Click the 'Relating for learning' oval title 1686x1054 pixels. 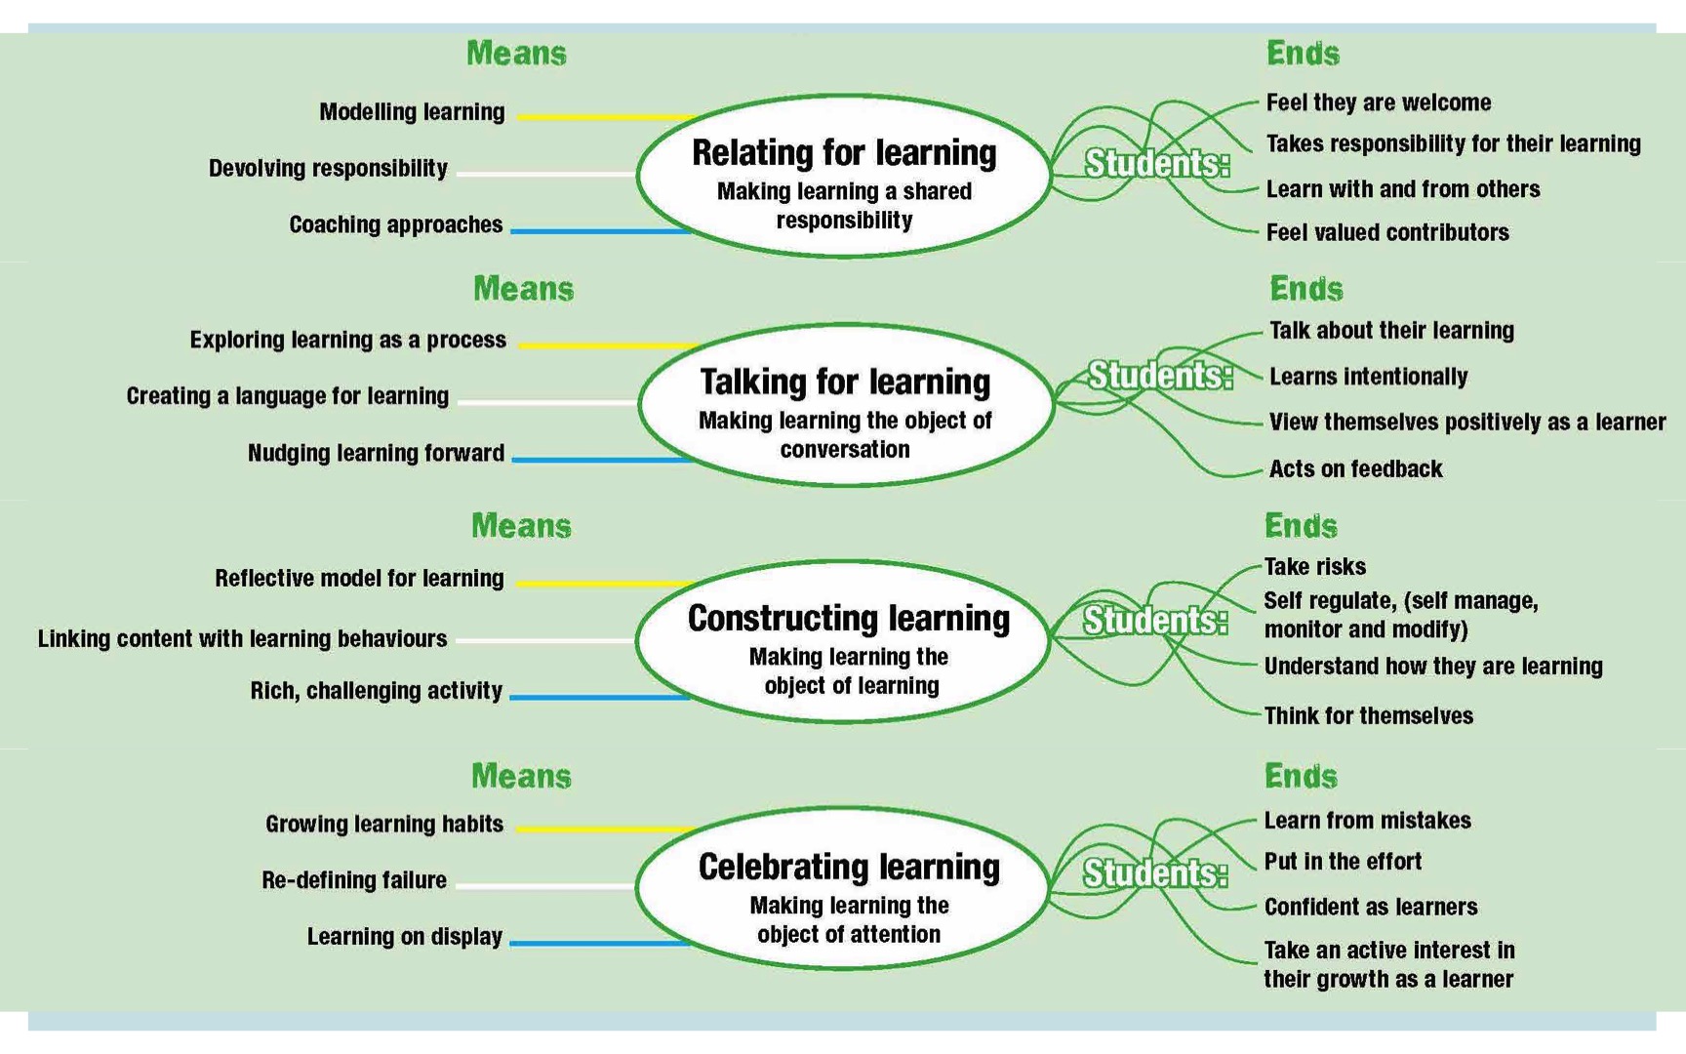pos(844,153)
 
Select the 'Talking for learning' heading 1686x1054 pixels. pos(845,382)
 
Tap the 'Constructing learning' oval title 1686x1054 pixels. pos(849,619)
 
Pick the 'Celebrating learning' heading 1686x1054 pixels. pos(849,867)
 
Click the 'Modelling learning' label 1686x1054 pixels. pos(412,112)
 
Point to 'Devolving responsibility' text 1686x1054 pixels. pos(328,169)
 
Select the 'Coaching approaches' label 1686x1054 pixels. pos(396,225)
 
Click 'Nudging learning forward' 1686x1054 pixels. pos(376,454)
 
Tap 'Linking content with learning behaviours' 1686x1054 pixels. pos(242,639)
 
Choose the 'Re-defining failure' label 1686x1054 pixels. pos(354,880)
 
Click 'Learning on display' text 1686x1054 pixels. pos(405,937)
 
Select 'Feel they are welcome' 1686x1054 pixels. pos(1379,102)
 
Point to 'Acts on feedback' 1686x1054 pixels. pos(1355,469)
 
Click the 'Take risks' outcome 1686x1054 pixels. pos(1314,567)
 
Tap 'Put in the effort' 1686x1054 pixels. pos(1343,862)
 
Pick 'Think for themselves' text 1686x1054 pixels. pos(1368,716)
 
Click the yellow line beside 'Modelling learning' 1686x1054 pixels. pos(606,117)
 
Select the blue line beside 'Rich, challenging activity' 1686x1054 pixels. pos(600,698)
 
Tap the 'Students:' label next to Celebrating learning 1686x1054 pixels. pos(1155,873)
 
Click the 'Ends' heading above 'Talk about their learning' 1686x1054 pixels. pos(1305,289)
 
